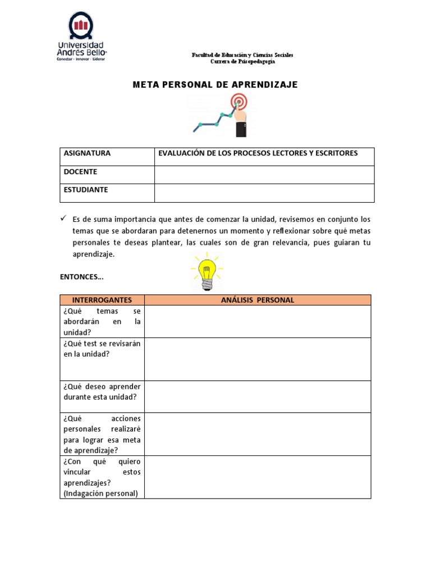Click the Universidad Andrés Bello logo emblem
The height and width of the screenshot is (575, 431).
81,26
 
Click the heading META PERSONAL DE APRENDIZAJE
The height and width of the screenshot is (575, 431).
215,85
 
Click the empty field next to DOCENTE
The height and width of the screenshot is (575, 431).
264,175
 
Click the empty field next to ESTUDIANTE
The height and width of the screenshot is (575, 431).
264,193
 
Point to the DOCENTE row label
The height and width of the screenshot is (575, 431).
81,172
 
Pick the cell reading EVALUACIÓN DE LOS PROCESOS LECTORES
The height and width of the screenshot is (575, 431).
258,153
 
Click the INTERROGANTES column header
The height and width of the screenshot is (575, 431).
102,300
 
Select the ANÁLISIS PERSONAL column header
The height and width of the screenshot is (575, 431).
258,300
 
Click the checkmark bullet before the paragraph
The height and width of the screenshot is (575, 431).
63,218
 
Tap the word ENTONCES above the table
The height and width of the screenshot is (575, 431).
82,277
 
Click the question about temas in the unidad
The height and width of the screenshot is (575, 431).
102,321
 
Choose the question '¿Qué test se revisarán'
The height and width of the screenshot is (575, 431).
102,349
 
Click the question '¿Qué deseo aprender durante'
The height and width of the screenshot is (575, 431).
102,392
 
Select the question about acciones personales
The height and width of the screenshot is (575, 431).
102,434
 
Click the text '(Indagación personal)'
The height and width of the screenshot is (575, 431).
100,494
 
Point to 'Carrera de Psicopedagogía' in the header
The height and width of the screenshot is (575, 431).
242,62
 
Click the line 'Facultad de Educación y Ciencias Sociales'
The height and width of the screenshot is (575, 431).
242,55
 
